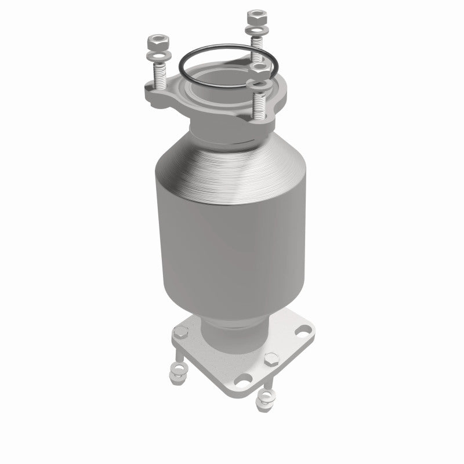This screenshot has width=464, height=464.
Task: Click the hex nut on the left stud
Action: click(x=157, y=43)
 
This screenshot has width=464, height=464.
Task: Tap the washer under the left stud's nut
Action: click(x=157, y=56)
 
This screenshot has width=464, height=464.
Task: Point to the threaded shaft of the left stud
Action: click(x=159, y=76)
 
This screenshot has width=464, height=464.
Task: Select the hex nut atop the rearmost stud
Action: click(x=253, y=15)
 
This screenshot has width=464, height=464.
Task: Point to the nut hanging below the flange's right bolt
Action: click(x=266, y=398)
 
